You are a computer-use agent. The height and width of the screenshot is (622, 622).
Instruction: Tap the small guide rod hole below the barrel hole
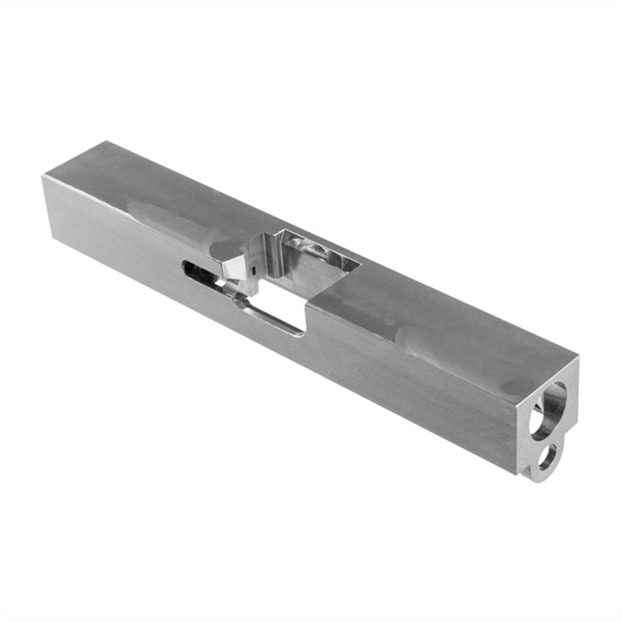pyautogui.click(x=546, y=457)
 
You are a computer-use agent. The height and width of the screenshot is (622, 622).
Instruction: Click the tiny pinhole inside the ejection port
pyautogui.click(x=254, y=269)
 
